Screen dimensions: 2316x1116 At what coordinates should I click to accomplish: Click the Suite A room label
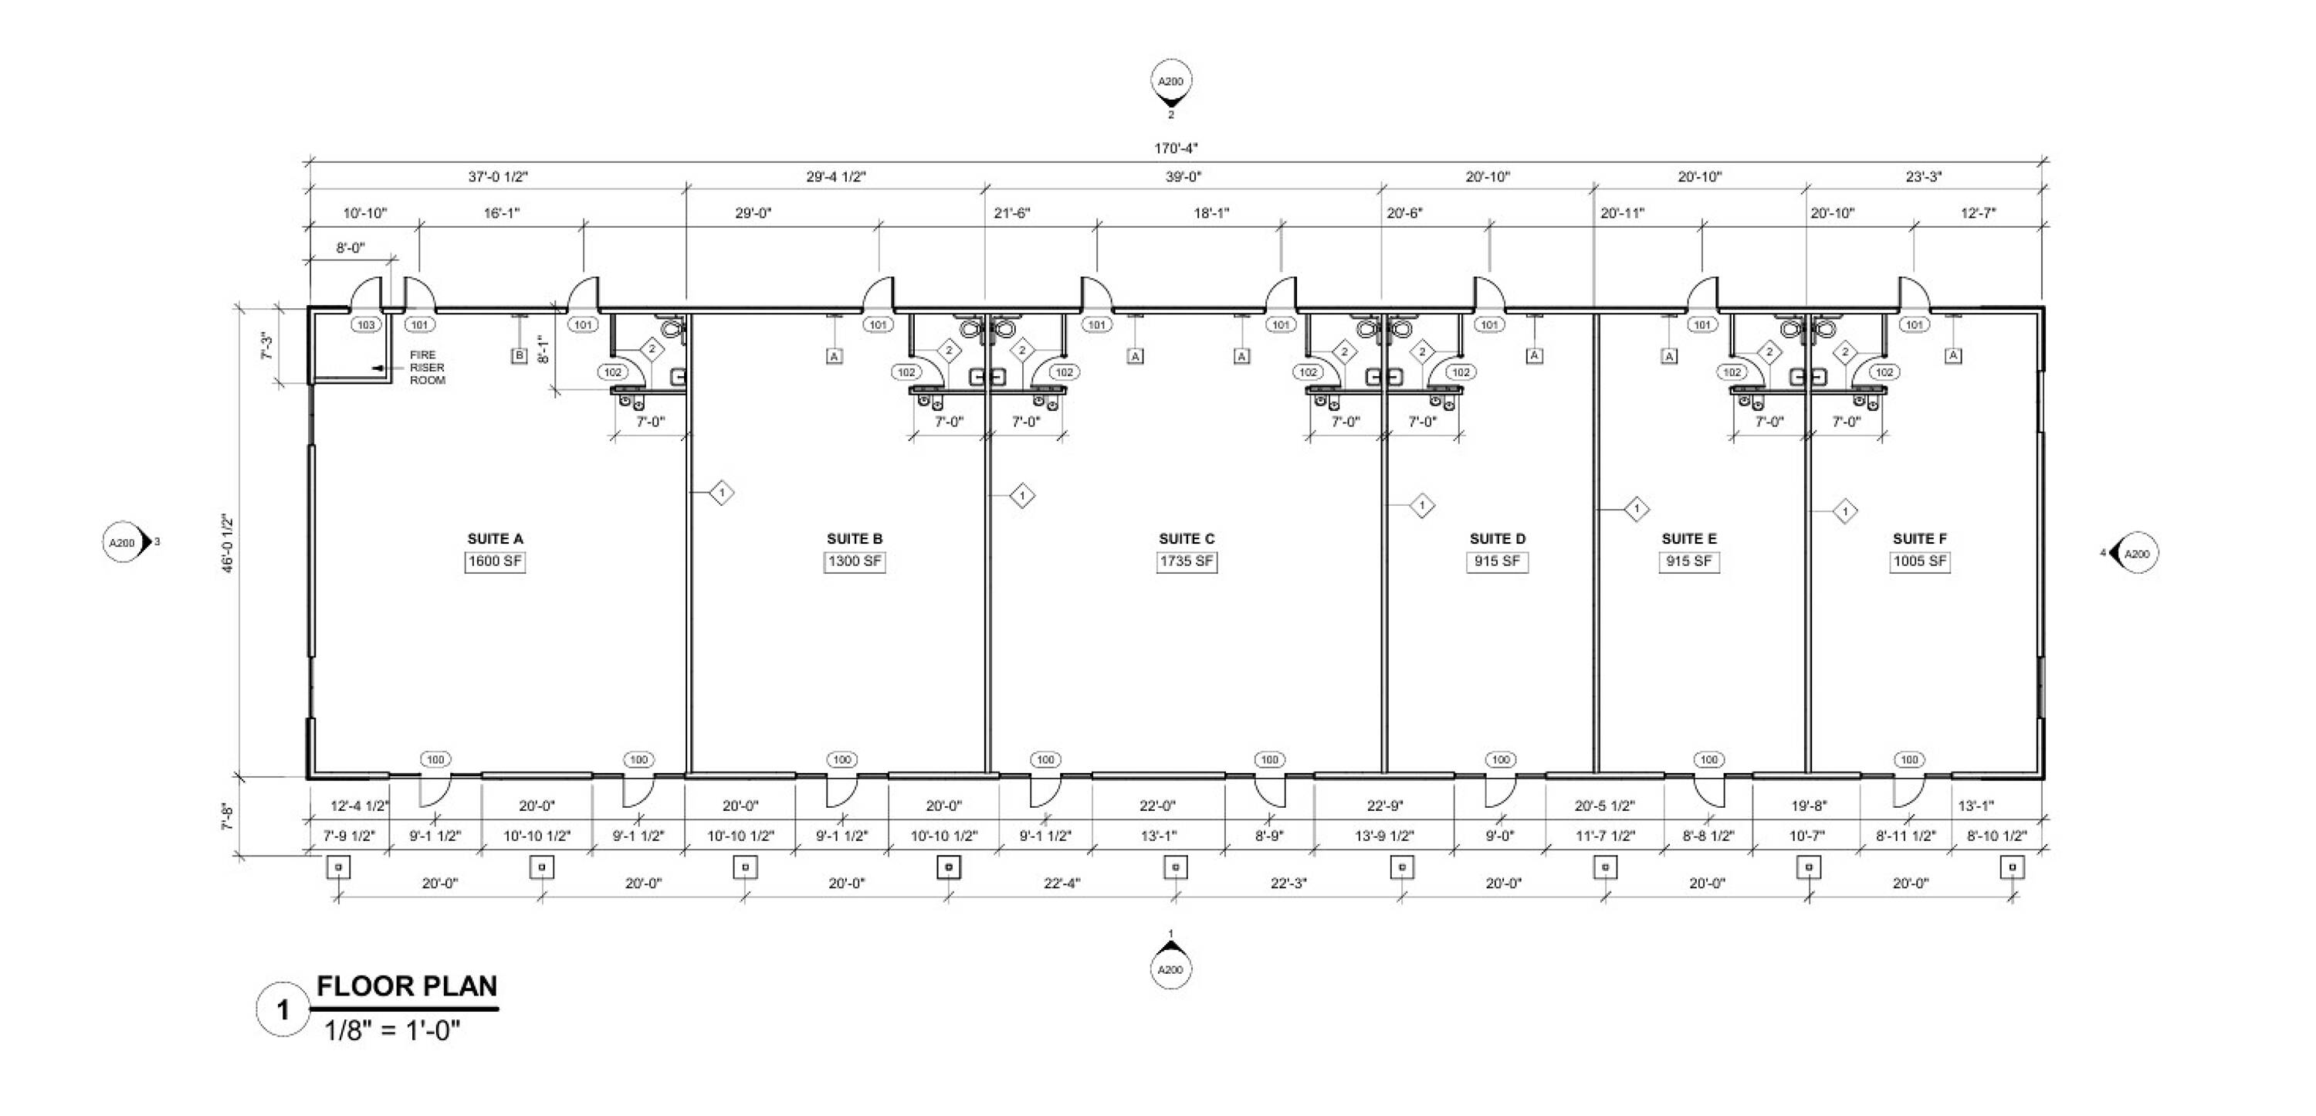coord(495,538)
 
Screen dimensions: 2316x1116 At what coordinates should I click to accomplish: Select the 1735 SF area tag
coord(1186,562)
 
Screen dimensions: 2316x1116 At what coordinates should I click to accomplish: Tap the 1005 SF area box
coord(1919,562)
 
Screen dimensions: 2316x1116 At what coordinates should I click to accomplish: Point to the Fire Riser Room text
coord(428,368)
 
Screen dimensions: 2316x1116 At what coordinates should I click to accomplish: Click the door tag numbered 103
coord(366,324)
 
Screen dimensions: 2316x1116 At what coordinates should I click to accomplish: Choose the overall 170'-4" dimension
coord(1176,148)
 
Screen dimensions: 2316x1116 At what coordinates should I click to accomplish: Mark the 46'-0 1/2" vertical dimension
coord(228,543)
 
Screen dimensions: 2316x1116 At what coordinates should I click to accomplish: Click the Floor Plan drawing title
coord(406,985)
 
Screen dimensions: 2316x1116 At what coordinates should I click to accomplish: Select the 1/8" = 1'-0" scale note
coord(392,1030)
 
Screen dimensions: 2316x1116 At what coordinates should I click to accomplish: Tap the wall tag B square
coord(519,356)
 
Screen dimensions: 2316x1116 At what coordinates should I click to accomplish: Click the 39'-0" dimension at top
coord(1183,177)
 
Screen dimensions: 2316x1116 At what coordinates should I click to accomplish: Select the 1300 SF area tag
coord(854,562)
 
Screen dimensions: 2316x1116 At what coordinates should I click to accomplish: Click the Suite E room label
coord(1688,538)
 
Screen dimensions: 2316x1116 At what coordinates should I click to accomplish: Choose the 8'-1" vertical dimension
coord(541,350)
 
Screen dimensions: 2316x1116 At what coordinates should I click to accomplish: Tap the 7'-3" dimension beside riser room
coord(267,346)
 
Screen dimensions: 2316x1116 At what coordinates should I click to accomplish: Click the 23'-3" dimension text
coord(1924,177)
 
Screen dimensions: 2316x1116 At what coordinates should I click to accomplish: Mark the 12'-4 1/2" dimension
coord(360,806)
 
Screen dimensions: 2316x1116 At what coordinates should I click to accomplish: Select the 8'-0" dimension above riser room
coord(350,248)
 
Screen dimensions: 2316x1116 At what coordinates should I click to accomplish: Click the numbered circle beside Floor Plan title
coord(283,1010)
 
